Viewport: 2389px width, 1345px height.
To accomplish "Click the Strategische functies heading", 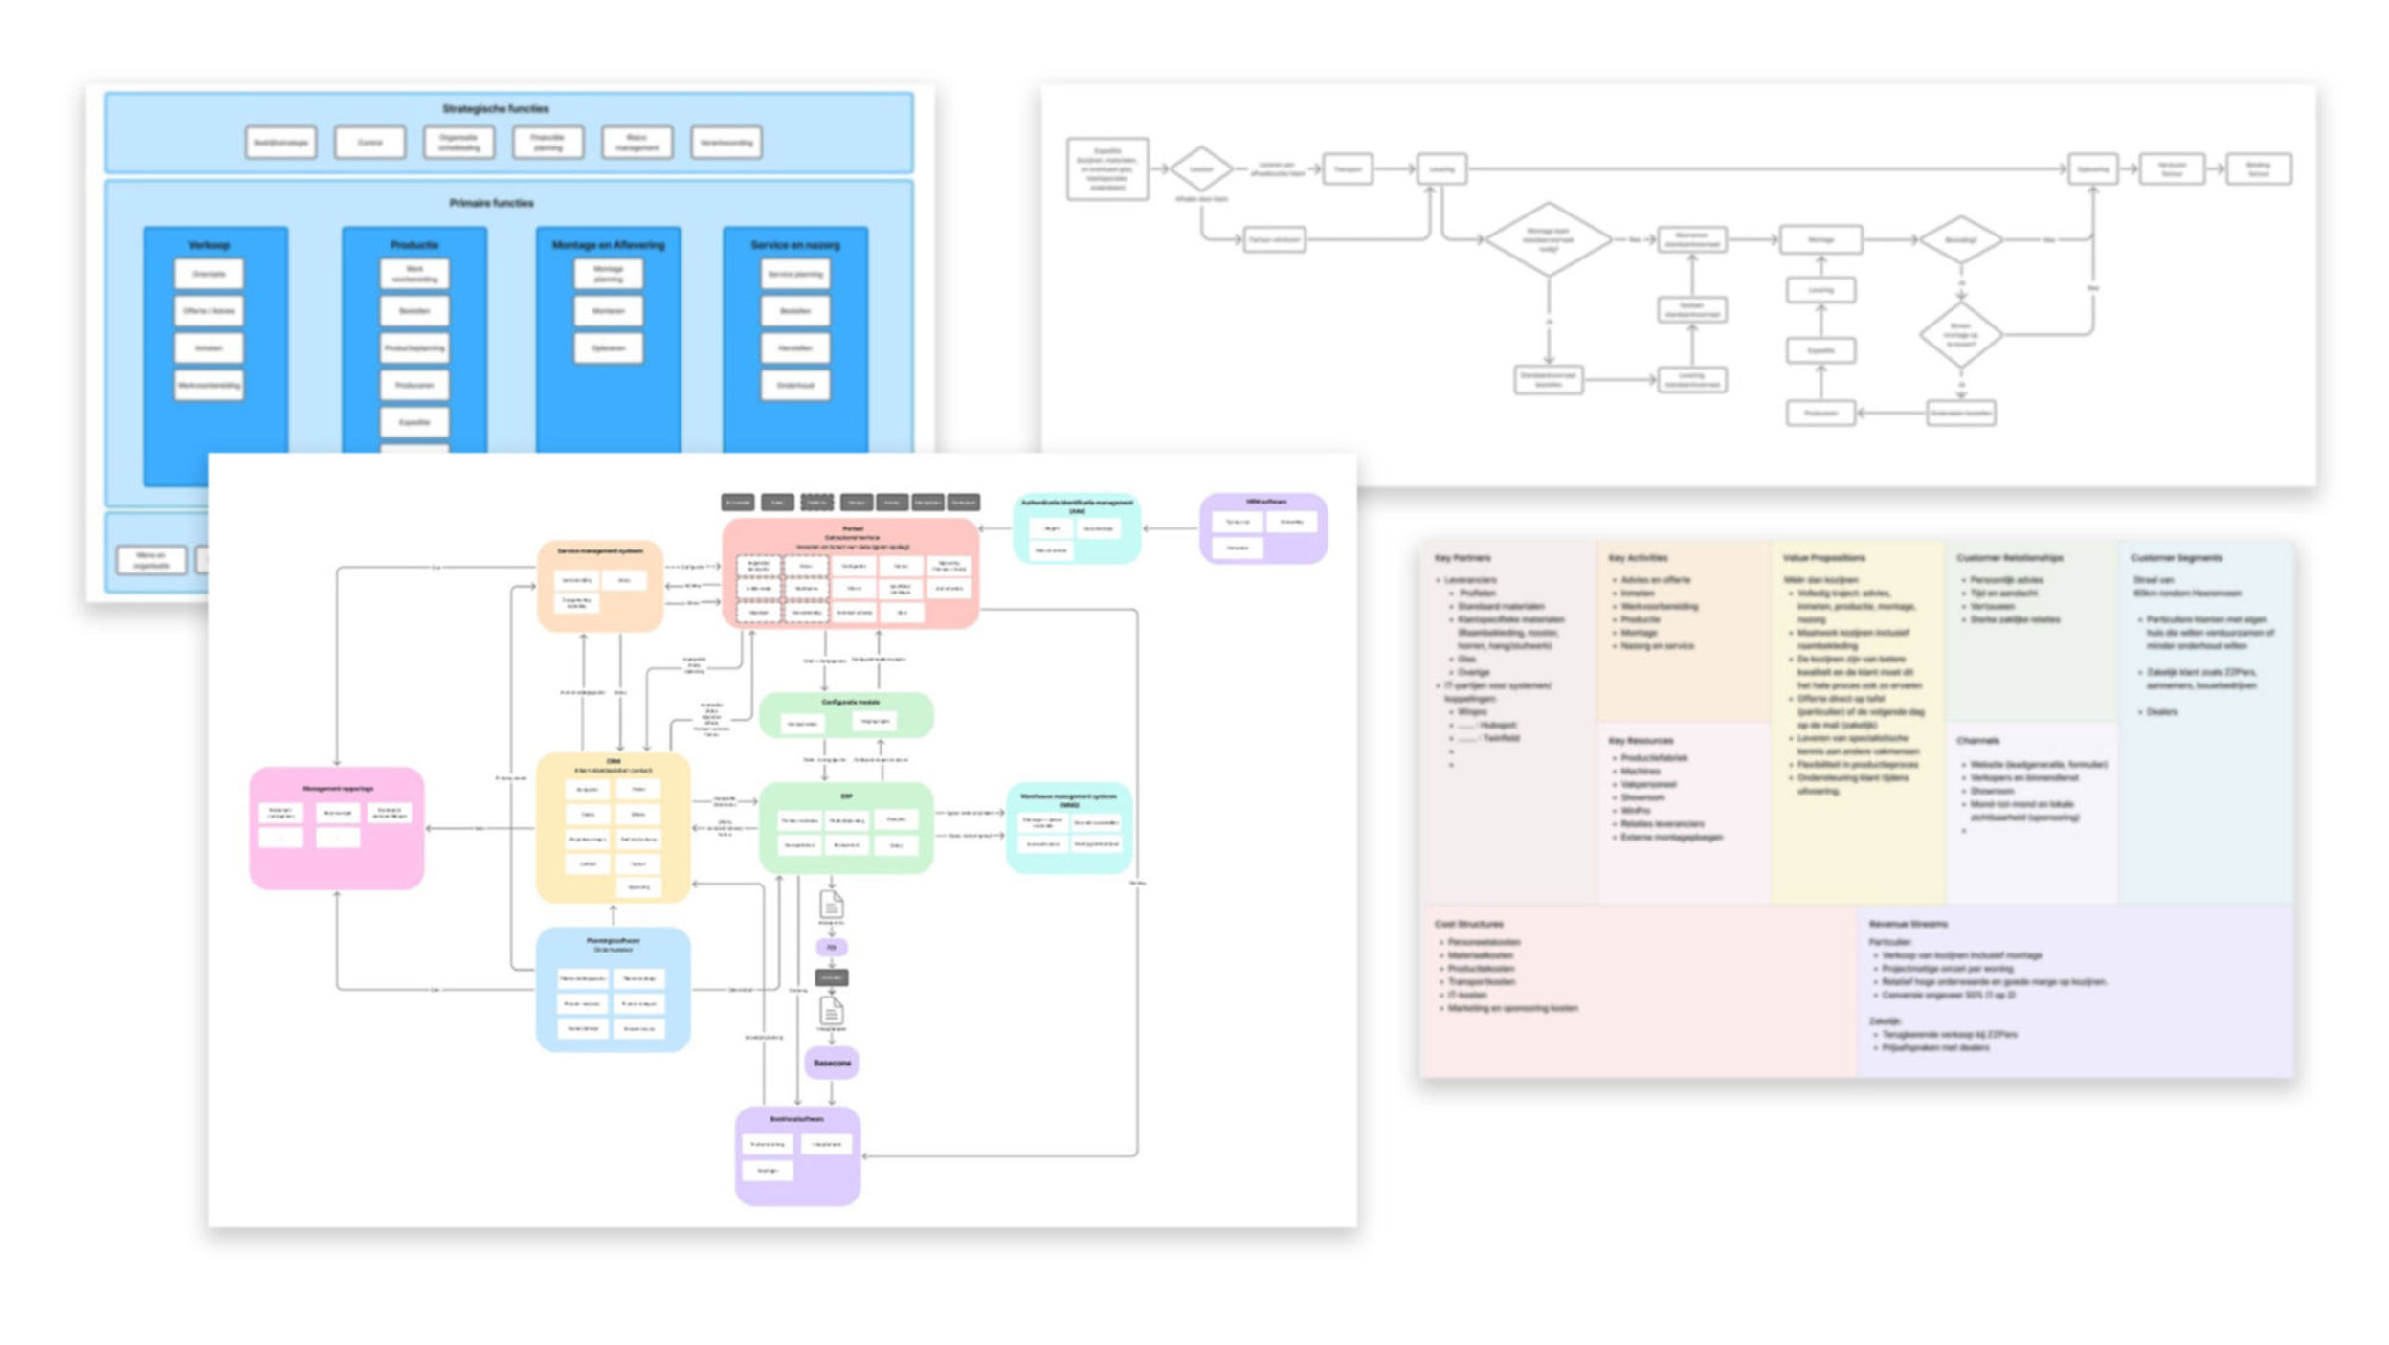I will point(495,108).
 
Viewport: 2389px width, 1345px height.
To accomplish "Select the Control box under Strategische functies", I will point(369,143).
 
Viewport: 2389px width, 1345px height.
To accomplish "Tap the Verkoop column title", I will point(209,245).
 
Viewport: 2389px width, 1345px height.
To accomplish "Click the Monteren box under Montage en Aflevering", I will point(608,311).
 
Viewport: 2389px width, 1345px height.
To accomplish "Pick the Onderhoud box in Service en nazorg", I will point(795,385).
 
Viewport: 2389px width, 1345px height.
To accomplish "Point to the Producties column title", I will point(413,245).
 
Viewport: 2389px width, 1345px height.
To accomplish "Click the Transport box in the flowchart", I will point(1347,169).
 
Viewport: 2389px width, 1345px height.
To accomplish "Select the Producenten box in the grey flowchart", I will point(1820,414).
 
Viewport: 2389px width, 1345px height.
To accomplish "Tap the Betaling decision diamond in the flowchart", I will point(1960,239).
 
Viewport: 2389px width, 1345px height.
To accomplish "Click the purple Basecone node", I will point(831,1063).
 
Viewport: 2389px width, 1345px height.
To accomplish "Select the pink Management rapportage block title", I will point(337,789).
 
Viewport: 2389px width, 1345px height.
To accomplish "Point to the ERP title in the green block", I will point(846,796).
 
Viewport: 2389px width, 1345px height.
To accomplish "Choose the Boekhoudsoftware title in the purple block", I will point(796,1118).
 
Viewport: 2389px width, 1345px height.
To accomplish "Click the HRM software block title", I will point(1265,502).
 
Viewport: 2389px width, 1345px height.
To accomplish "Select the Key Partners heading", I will point(1462,558).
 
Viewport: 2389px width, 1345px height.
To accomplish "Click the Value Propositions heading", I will point(1823,558).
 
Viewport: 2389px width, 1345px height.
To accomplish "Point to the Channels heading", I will point(1977,741).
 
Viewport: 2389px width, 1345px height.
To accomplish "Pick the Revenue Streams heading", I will point(1908,924).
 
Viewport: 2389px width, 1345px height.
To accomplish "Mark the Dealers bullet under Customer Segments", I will point(2161,711).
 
